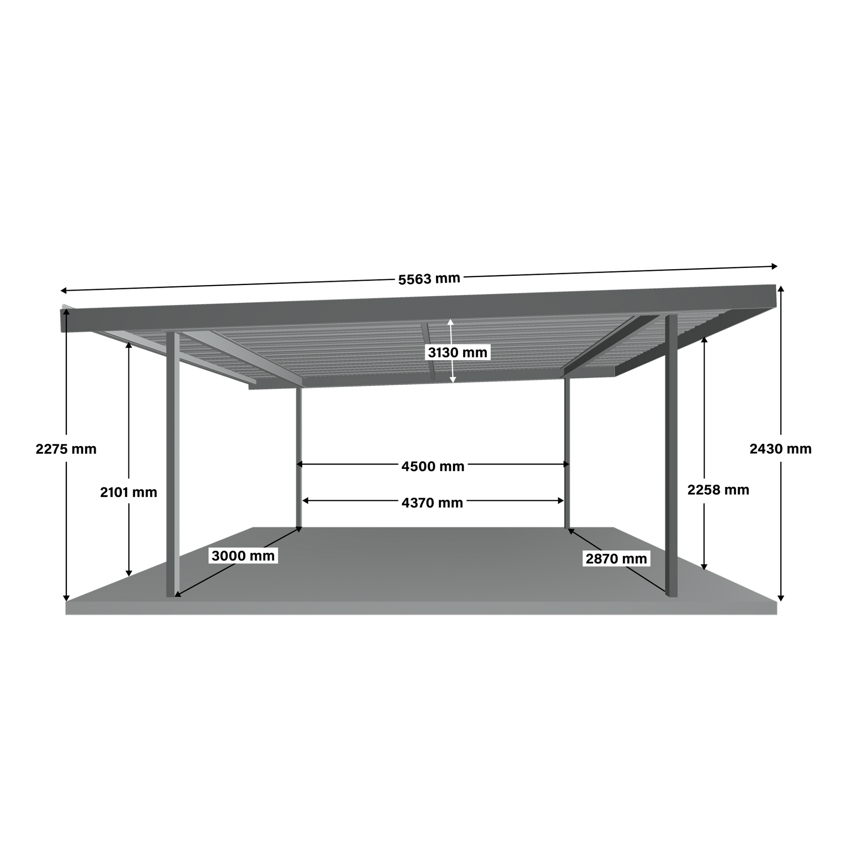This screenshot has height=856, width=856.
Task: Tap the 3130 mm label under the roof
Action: (x=457, y=352)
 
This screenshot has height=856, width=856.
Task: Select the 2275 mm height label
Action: (x=66, y=449)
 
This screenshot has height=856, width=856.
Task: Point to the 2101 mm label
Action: (x=128, y=492)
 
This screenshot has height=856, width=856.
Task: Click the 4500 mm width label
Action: (x=432, y=466)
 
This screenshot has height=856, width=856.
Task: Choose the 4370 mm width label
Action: (x=432, y=503)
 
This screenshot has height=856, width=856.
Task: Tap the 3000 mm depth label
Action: (x=243, y=556)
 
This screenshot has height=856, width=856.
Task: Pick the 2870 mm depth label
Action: (x=616, y=559)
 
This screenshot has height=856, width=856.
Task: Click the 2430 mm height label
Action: (x=780, y=449)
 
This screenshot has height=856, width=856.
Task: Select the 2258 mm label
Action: (x=718, y=490)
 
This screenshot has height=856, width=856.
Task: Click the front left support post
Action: (x=173, y=465)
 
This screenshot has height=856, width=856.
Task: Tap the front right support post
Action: (x=671, y=456)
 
